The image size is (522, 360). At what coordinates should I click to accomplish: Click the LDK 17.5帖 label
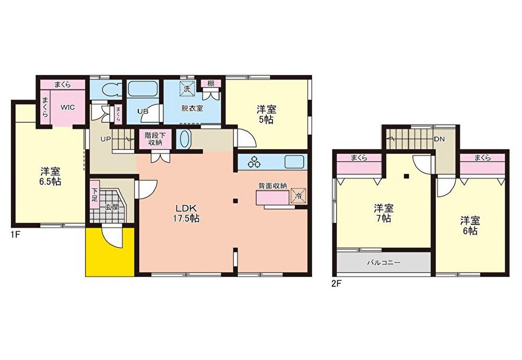click(x=187, y=213)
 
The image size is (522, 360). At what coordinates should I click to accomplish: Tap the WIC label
click(x=67, y=107)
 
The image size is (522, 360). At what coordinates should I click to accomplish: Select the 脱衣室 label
click(x=192, y=108)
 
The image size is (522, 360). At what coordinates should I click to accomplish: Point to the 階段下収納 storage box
click(x=153, y=139)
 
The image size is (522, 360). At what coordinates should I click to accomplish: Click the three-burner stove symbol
click(x=255, y=162)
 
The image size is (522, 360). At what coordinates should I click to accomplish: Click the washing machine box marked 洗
click(x=187, y=89)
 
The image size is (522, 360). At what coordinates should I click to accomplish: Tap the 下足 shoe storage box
click(x=94, y=195)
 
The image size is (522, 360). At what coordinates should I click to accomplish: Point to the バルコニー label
click(x=384, y=262)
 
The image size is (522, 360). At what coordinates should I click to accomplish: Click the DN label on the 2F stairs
click(x=440, y=139)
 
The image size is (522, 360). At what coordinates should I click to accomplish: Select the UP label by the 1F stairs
click(x=105, y=139)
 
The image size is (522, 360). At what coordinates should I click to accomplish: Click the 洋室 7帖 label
click(x=384, y=213)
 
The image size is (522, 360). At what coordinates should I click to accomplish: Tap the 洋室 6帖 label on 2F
click(x=470, y=225)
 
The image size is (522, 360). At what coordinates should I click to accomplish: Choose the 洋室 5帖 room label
click(x=266, y=114)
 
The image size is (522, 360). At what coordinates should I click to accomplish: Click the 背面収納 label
click(x=272, y=186)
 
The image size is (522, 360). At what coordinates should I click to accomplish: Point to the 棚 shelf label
click(x=210, y=83)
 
